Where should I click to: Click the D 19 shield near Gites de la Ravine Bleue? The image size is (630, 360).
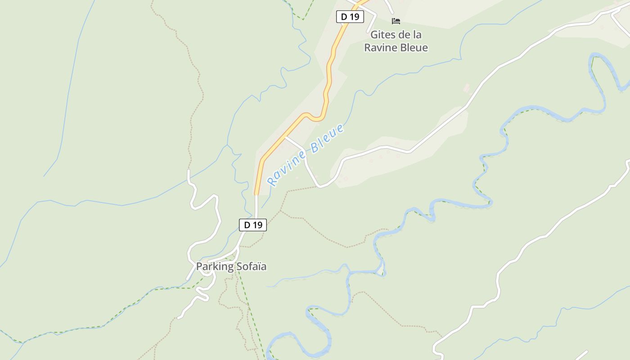click(350, 17)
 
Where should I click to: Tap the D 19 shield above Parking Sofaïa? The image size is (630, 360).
click(252, 225)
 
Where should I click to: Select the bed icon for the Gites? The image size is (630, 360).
click(396, 21)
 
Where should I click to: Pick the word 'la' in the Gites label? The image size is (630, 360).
click(417, 35)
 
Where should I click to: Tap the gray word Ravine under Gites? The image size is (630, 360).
click(379, 47)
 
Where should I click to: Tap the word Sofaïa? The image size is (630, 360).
click(252, 266)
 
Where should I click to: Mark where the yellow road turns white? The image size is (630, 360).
click(256, 195)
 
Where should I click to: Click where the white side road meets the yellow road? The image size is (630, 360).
click(286, 138)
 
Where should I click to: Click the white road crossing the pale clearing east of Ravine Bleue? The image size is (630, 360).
click(387, 147)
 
